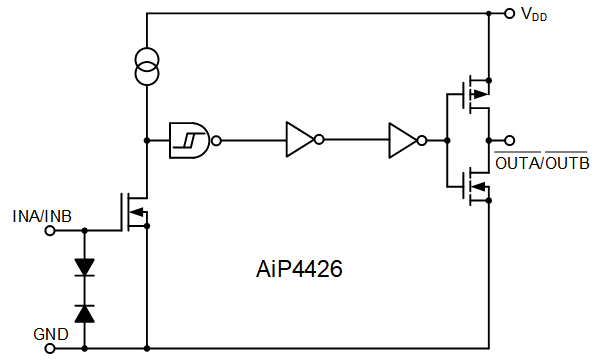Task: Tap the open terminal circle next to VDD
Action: [511, 14]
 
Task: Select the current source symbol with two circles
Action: [147, 67]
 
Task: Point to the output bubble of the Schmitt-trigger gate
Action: [215, 141]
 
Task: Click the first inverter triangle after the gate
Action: [299, 141]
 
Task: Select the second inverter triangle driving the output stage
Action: [403, 141]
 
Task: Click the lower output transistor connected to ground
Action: [472, 185]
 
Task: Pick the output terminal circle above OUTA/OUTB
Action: [511, 141]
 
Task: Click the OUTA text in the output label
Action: [517, 163]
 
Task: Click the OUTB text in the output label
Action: [566, 163]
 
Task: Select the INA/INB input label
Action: [41, 215]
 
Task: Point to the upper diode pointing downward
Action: [84, 267]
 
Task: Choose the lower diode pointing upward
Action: [84, 312]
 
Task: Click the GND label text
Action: [50, 334]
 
